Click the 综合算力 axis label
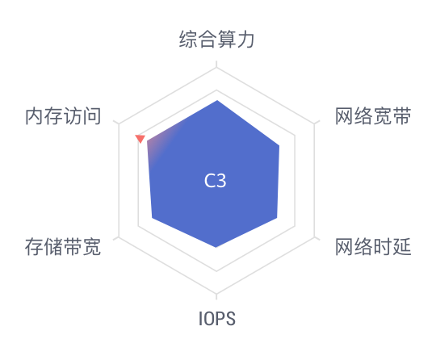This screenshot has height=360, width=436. coord(216,40)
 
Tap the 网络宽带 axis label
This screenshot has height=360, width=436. coord(373,116)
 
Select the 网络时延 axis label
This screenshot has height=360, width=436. coord(373,246)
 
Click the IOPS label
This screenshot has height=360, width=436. coord(217,319)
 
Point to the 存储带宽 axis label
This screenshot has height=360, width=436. coord(63,246)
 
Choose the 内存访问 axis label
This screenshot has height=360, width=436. coord(63,116)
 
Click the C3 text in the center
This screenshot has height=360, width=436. coord(215,181)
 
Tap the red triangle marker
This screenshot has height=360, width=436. coord(140,138)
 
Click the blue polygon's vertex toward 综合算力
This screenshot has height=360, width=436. coord(217,100)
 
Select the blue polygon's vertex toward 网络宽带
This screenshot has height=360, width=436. coord(279,145)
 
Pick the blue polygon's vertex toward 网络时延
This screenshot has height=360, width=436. coord(277,218)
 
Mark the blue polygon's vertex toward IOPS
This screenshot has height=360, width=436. coord(216,247)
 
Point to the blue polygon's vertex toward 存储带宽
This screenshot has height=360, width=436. coord(152,217)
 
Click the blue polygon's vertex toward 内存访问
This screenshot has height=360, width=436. coord(147,141)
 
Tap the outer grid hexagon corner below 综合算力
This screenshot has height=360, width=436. coord(216,67)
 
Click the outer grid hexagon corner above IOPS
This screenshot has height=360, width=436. coord(216,294)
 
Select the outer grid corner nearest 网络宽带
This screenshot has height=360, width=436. coord(315,123)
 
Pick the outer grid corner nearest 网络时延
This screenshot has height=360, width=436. coord(315,237)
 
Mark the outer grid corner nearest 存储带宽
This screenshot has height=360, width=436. coord(119,237)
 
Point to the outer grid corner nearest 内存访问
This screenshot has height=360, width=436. coord(119,123)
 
